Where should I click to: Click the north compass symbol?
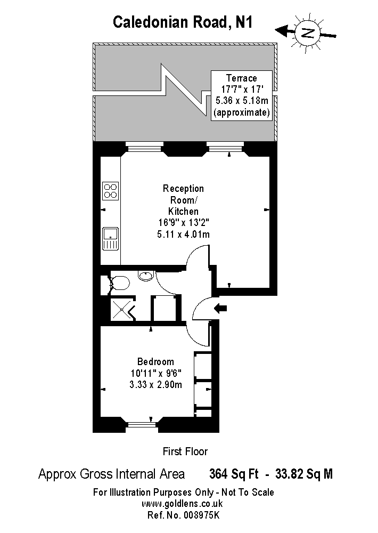(x=307, y=33)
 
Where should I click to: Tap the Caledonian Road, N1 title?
(x=183, y=22)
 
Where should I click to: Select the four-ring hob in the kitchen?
(x=110, y=191)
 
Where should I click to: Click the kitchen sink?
(x=110, y=239)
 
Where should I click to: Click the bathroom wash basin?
(x=146, y=275)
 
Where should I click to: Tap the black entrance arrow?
(x=220, y=308)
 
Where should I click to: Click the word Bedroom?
(x=155, y=361)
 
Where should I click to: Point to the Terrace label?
(x=242, y=78)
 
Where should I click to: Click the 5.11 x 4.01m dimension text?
(x=183, y=234)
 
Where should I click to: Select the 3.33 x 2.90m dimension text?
(x=155, y=384)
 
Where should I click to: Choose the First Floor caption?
(x=185, y=451)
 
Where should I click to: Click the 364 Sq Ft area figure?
(x=234, y=473)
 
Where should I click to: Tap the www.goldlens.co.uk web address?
(x=182, y=504)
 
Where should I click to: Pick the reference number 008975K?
(x=202, y=515)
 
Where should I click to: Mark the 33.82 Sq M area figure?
(x=304, y=473)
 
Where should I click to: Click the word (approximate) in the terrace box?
(x=242, y=112)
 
